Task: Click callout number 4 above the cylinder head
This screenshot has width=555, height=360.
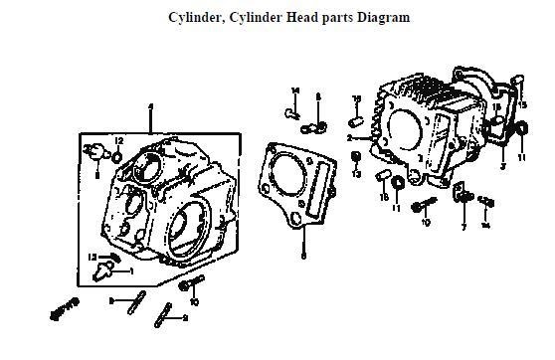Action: [x=150, y=106]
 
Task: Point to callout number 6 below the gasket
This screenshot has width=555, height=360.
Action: [x=304, y=256]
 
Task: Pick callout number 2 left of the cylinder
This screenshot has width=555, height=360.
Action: [x=352, y=138]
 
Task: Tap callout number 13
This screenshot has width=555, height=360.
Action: [x=355, y=175]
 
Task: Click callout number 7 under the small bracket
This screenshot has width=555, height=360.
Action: [x=462, y=227]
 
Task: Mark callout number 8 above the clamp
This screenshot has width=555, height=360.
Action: [x=318, y=96]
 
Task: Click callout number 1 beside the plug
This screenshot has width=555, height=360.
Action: [x=130, y=270]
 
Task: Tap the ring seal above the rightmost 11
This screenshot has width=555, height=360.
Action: [x=520, y=128]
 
